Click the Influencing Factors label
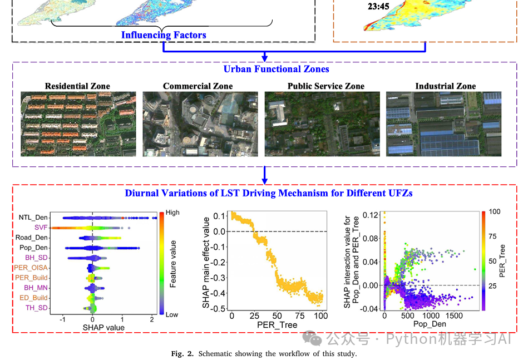tap(164, 35)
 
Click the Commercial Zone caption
tap(198, 86)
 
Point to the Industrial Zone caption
tap(445, 86)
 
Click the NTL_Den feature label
tap(33, 218)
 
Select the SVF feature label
tap(41, 228)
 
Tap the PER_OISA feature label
tap(32, 268)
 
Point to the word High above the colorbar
tap(172, 213)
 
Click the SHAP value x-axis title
tap(103, 328)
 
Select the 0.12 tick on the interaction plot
tap(372, 214)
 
